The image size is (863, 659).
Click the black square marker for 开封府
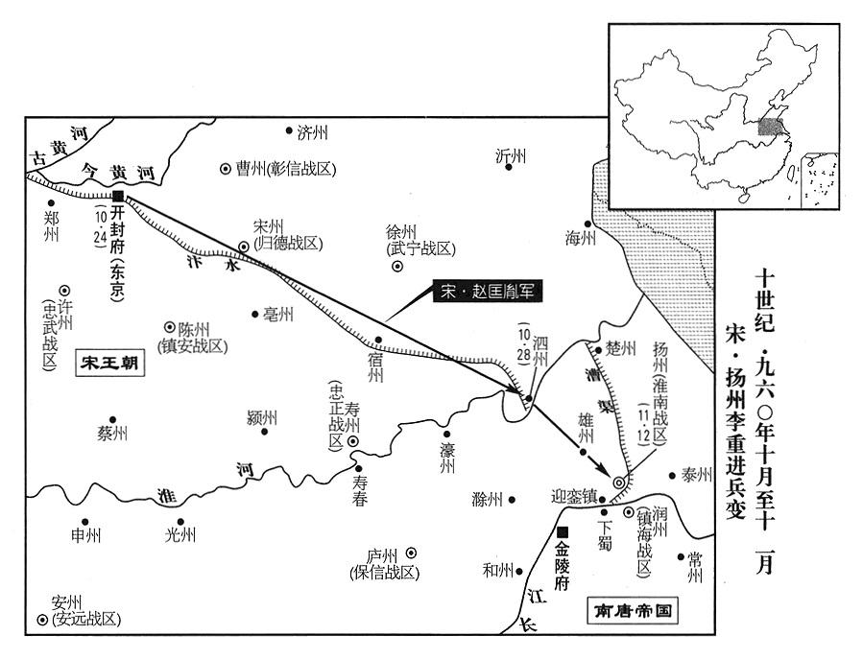tap(117, 196)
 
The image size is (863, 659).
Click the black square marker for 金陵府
tap(563, 532)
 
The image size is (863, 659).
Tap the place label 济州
tap(313, 131)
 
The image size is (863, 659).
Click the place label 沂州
tap(512, 155)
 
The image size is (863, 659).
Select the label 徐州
tap(400, 232)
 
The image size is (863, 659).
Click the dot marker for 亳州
tap(255, 313)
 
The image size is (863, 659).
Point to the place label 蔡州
tap(111, 434)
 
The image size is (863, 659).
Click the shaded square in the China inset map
tap(769, 127)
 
